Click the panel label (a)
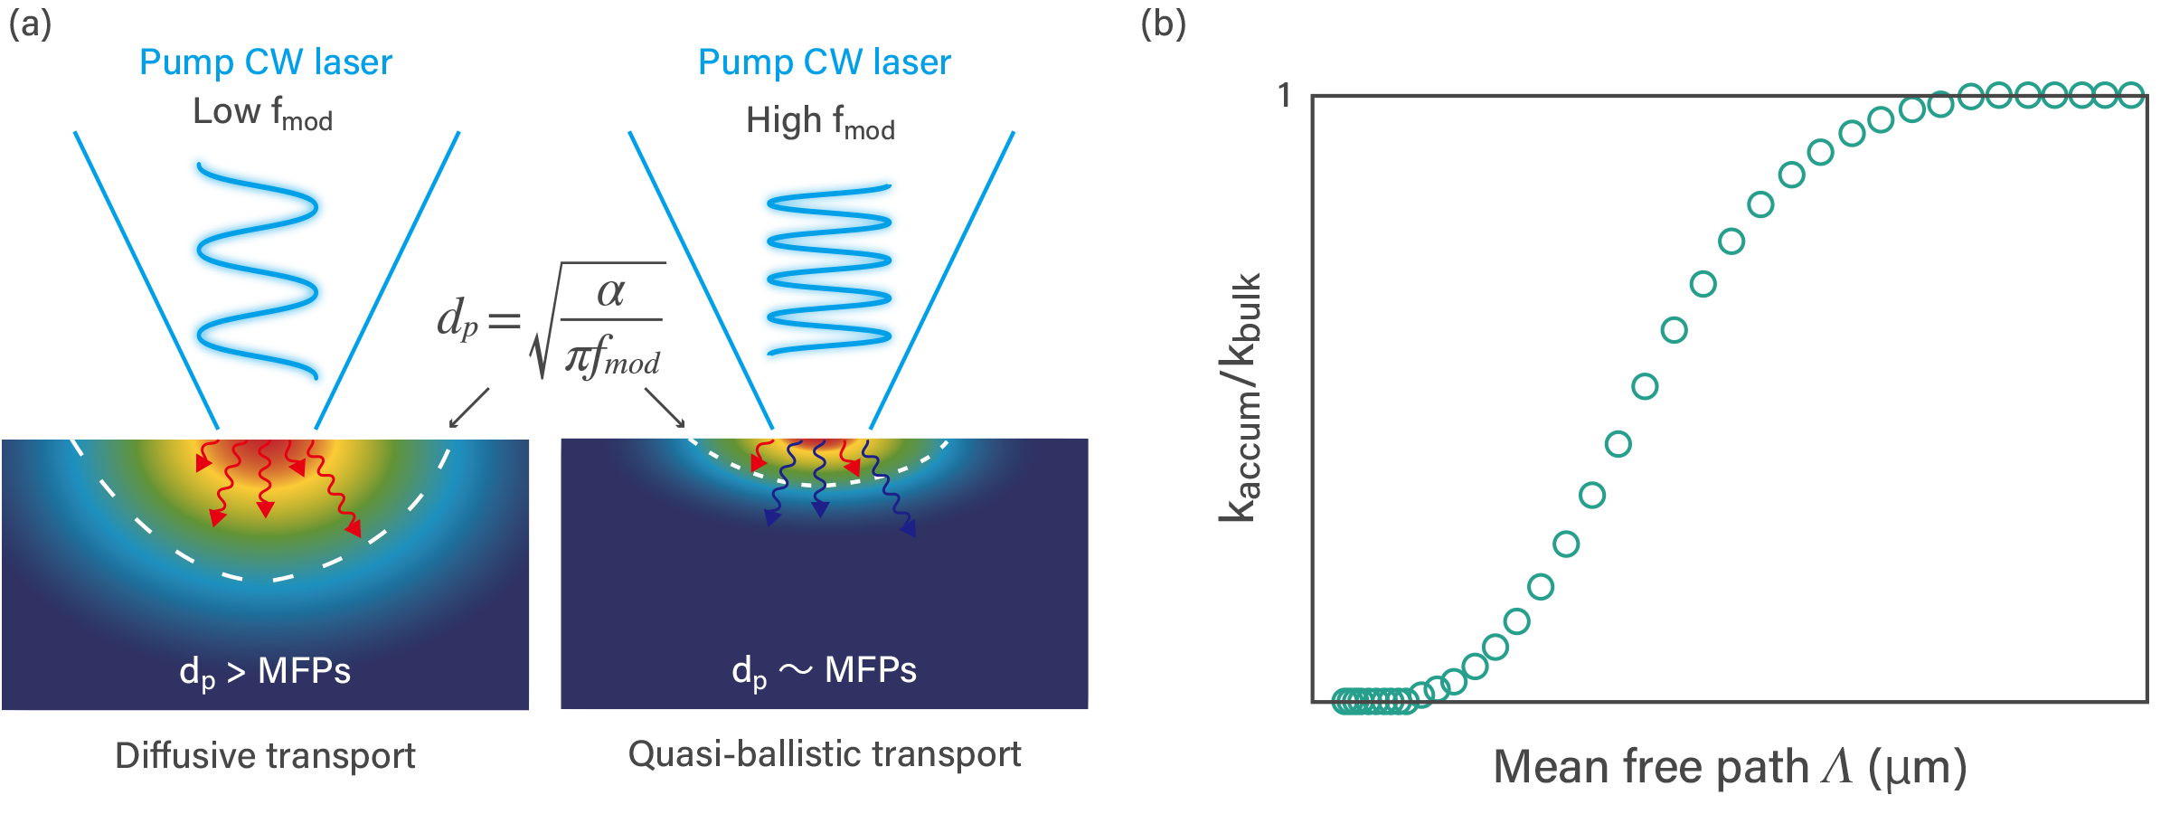pos(30,24)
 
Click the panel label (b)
pos(1163,24)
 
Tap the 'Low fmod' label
pos(262,113)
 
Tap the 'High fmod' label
pos(819,121)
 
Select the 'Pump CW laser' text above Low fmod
pos(265,62)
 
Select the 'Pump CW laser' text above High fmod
pos(824,62)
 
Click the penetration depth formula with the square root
pos(552,321)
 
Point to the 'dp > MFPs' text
pos(265,672)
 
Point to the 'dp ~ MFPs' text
pos(824,671)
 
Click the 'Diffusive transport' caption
pos(265,755)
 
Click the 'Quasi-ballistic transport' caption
pos(824,754)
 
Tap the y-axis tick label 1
pos(1284,96)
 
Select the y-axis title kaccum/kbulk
pos(1240,398)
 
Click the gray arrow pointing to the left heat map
pos(468,408)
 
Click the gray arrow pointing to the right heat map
pos(665,408)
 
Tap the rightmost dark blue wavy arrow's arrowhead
pos(909,529)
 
